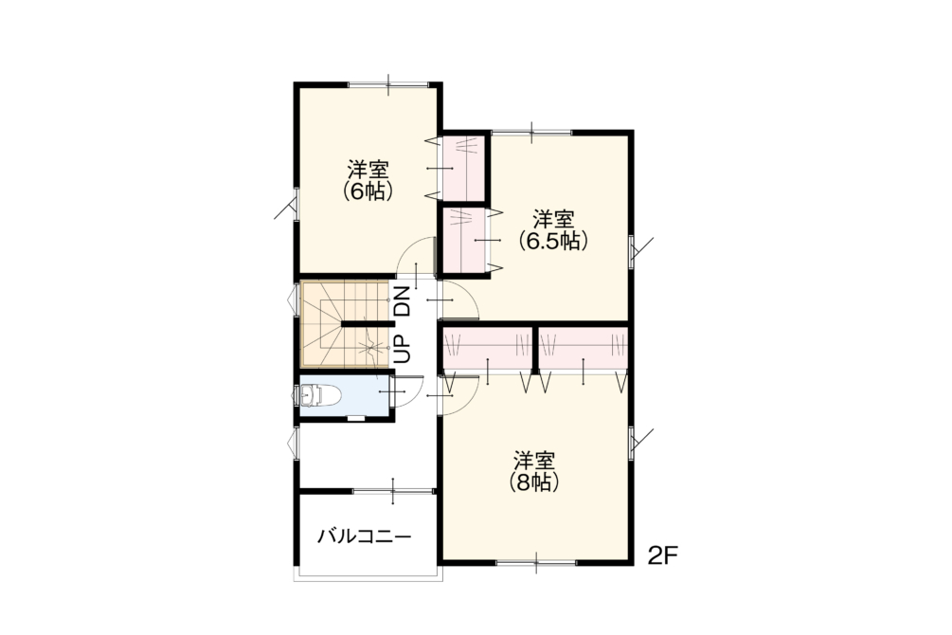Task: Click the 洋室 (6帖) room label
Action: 368,180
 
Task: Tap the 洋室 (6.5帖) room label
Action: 553,230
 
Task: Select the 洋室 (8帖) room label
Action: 534,471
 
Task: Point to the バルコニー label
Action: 365,536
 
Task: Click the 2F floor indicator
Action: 662,555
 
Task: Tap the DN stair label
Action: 404,300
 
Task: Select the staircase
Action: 345,324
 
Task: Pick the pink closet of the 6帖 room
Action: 463,167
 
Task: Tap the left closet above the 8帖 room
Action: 488,348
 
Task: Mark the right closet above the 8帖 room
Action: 583,348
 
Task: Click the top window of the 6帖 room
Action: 388,83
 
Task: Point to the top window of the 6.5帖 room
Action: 531,132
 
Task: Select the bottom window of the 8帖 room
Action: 536,563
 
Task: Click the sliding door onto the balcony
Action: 393,491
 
